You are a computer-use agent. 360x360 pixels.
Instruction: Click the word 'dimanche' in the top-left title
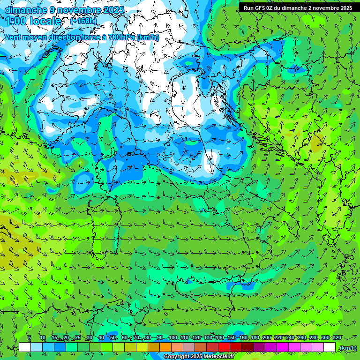click(x=25, y=10)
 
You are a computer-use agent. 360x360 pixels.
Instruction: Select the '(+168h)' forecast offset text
click(x=83, y=21)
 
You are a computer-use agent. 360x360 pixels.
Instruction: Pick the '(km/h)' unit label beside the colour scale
click(x=347, y=347)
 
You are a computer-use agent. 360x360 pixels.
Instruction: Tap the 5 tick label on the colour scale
click(x=30, y=338)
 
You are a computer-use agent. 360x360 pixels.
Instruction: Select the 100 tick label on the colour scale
click(x=172, y=338)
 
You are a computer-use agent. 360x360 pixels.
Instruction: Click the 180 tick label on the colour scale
click(x=255, y=338)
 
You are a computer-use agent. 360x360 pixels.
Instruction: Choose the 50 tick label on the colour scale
click(x=113, y=338)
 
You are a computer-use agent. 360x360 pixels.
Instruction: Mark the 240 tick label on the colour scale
click(x=290, y=338)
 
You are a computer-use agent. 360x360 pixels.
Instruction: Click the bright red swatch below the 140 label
click(x=224, y=347)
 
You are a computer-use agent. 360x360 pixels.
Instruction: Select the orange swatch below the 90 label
click(x=165, y=347)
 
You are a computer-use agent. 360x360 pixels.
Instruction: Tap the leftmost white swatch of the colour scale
click(x=25, y=347)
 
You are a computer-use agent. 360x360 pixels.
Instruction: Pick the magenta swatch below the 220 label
click(x=283, y=347)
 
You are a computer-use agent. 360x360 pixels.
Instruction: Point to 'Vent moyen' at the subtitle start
click(x=23, y=37)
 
